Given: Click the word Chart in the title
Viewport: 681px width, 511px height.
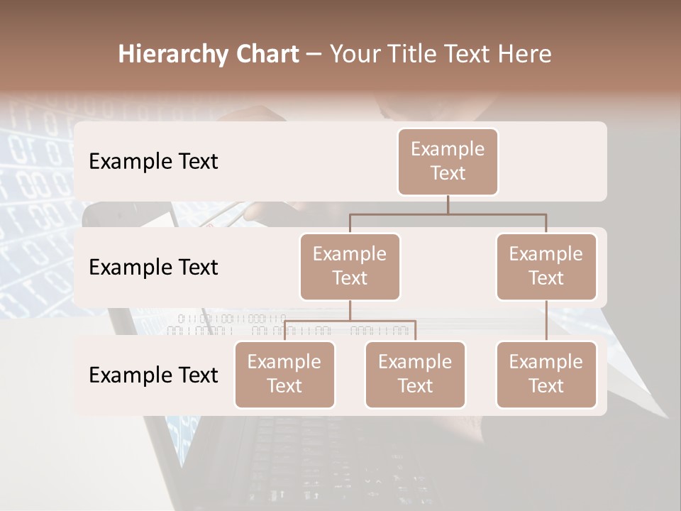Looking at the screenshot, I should [x=265, y=54].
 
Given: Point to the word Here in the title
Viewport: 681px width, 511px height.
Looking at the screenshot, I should [x=525, y=54].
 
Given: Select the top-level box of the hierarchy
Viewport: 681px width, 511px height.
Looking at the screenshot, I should [x=448, y=161].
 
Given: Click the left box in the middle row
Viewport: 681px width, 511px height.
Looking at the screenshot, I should [x=350, y=266].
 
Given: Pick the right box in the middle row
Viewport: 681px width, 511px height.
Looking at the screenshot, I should [x=546, y=266].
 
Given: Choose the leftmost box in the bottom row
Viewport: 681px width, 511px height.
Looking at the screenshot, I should [x=284, y=374].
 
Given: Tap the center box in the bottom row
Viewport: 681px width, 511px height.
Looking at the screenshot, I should [x=415, y=374].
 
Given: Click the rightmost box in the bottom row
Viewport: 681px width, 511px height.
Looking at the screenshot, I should [x=546, y=374].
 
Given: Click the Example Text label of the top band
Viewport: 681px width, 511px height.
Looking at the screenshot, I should [x=153, y=162].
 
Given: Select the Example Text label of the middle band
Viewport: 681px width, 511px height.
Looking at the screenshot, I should [x=153, y=268].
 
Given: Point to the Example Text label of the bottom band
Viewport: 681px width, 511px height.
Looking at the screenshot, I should [x=153, y=375].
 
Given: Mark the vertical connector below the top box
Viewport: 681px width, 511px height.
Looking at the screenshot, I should [x=448, y=204].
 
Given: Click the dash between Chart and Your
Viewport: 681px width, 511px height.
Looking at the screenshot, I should [x=314, y=55].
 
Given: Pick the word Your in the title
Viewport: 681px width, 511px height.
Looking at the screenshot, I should [x=355, y=54].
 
